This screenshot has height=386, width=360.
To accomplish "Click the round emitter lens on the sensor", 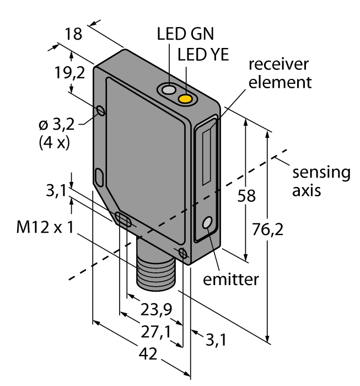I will (x=208, y=223).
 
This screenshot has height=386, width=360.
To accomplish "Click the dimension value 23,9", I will (x=154, y=309).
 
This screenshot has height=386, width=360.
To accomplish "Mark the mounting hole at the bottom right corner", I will (x=183, y=253).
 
